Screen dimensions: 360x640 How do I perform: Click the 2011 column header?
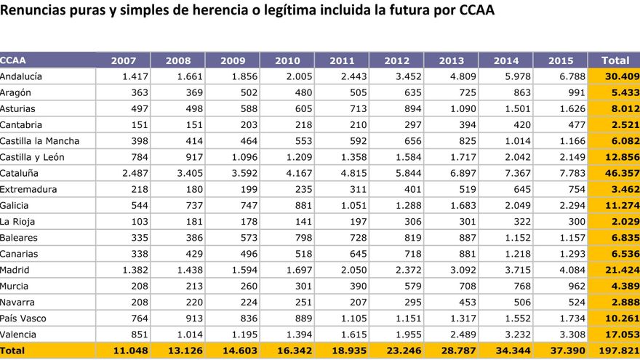[x=342, y=60]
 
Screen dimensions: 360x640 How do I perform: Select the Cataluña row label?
[x=20, y=173]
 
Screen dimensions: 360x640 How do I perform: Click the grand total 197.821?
[x=615, y=351]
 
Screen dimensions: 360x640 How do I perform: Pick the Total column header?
[x=615, y=60]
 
